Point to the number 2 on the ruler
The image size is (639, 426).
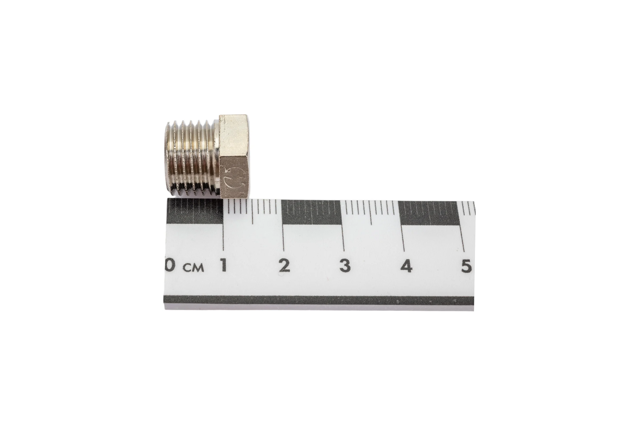[284, 265]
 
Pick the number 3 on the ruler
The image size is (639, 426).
[345, 265]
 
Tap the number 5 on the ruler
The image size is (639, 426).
[466, 266]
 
